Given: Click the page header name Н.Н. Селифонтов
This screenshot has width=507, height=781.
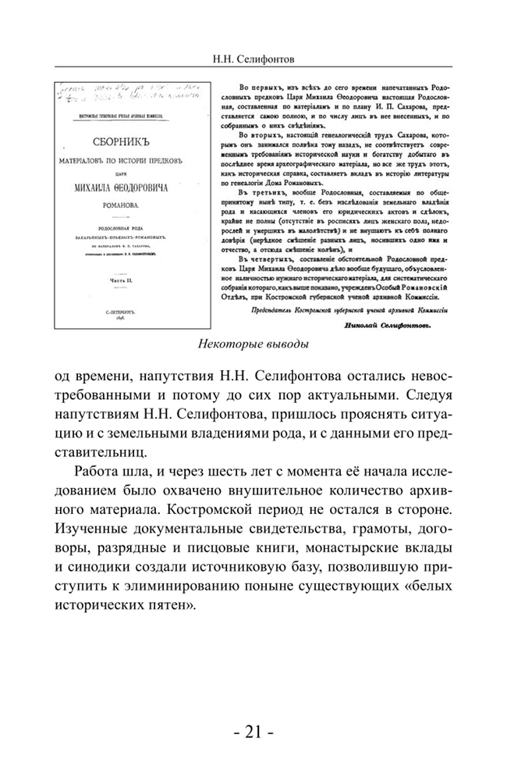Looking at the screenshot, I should point(253,59).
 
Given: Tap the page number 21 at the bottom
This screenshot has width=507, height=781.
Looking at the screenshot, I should point(253,733).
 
